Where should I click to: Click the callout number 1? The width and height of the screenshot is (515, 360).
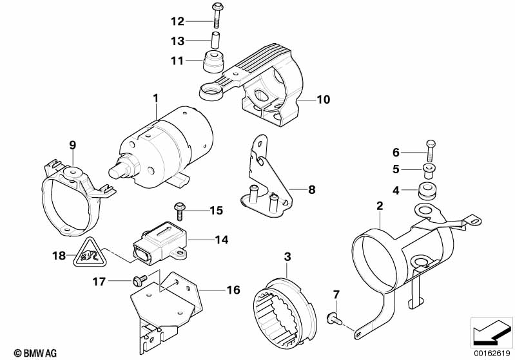coord(155,98)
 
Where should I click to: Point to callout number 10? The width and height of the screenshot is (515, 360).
coord(322,100)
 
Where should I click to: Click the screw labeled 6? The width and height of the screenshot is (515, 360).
coord(431,152)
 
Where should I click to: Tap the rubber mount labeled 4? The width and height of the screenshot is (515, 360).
coord(425,191)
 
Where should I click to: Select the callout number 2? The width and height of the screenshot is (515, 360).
coord(380,206)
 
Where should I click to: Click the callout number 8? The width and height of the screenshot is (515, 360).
coord(312,190)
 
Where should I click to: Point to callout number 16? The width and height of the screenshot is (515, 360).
coord(233,290)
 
